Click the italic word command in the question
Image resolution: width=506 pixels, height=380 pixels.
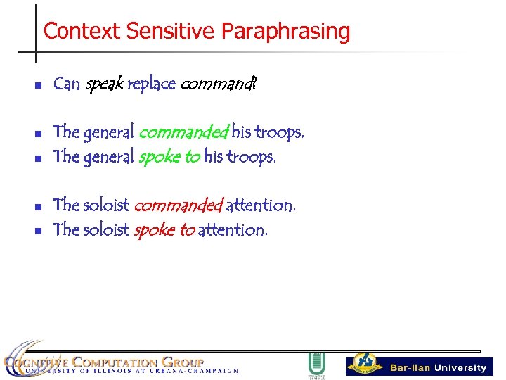(218, 84)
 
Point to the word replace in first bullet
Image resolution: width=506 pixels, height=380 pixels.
(151, 84)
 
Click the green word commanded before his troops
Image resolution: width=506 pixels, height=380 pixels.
(183, 132)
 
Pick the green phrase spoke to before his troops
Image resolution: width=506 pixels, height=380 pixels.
(169, 157)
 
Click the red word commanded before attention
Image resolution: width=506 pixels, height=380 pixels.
(178, 205)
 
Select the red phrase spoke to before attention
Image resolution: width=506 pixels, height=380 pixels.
(163, 230)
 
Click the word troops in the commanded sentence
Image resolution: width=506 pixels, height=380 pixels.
(279, 132)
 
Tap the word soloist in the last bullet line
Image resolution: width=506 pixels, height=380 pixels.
(105, 230)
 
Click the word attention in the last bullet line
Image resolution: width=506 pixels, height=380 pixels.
(232, 230)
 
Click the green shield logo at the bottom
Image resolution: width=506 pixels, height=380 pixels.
(316, 365)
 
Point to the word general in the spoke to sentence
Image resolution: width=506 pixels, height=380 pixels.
(108, 157)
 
